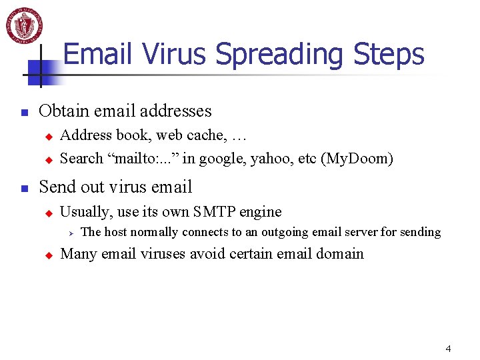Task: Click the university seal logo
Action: (x=25, y=25)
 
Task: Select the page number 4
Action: (x=448, y=349)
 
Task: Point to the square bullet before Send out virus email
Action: (x=24, y=189)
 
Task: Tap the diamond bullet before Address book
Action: (x=48, y=136)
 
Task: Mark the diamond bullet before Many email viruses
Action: (x=48, y=255)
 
